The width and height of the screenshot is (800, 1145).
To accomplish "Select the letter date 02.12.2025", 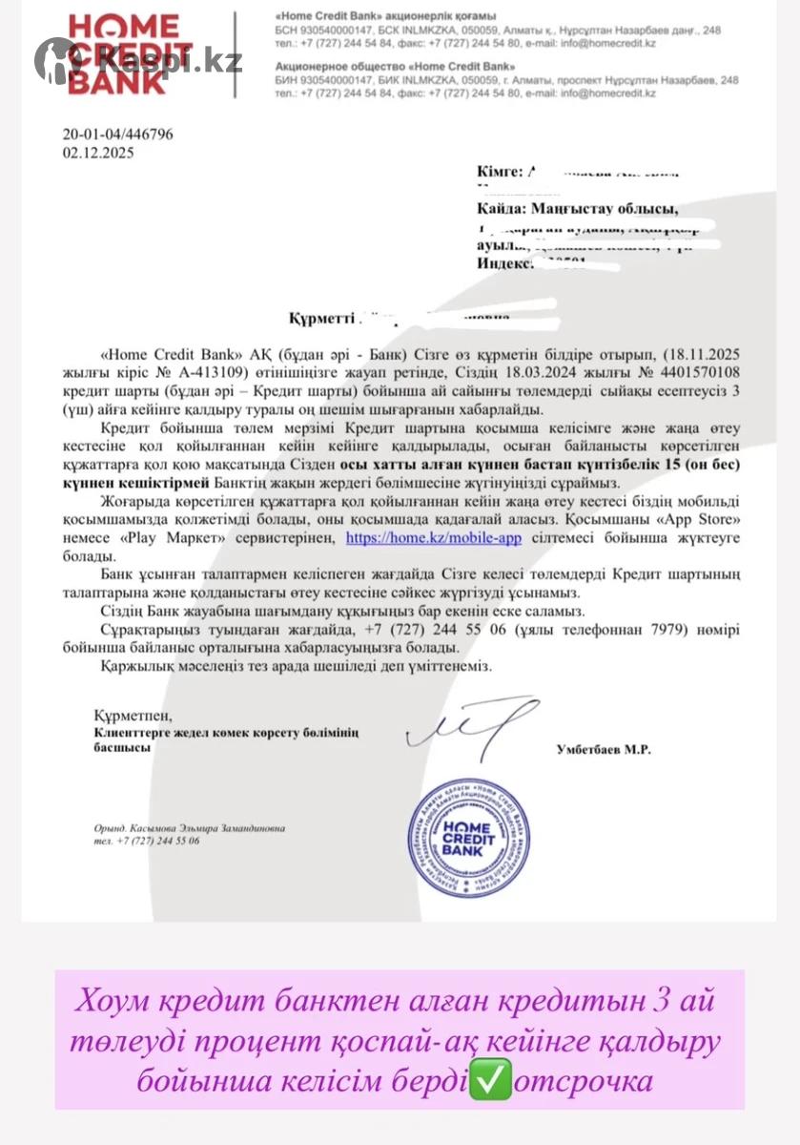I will click(x=98, y=152).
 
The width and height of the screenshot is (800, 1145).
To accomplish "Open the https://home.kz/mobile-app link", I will click(x=433, y=538).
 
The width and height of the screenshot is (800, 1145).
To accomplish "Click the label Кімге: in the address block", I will click(x=500, y=172).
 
